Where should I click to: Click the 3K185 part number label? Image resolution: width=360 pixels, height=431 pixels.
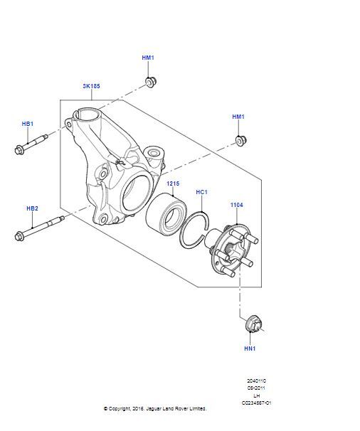click(x=90, y=86)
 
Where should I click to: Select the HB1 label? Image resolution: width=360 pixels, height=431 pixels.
click(x=27, y=124)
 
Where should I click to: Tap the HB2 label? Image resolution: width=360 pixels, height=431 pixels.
click(x=32, y=208)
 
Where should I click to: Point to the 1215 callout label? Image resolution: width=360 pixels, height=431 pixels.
click(x=173, y=183)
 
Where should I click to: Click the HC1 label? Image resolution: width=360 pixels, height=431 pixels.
click(x=201, y=192)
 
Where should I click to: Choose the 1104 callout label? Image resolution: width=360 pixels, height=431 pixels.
click(x=236, y=205)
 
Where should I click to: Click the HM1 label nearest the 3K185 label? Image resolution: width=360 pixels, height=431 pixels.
click(x=148, y=58)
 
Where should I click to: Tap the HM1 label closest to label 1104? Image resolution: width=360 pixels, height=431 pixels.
click(x=238, y=117)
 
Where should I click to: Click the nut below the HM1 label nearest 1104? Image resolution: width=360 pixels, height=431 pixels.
click(x=240, y=140)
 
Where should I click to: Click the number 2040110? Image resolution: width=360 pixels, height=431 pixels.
click(x=257, y=381)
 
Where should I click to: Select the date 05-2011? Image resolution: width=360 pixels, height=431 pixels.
click(x=257, y=388)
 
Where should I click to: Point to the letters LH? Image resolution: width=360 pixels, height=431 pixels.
click(x=257, y=395)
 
